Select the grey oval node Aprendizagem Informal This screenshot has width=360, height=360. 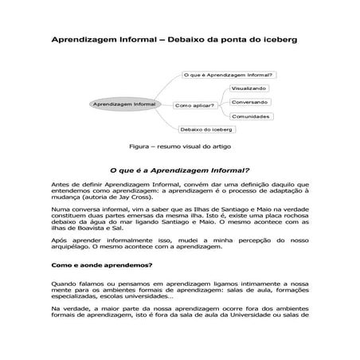123,104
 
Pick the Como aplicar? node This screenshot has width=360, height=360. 193,104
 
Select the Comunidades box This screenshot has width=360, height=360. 250,117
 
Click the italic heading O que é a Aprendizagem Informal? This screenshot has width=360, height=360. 179,170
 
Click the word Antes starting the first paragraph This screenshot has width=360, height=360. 61,184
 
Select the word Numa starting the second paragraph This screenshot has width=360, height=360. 61,209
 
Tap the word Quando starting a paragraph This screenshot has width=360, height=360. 65,282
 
